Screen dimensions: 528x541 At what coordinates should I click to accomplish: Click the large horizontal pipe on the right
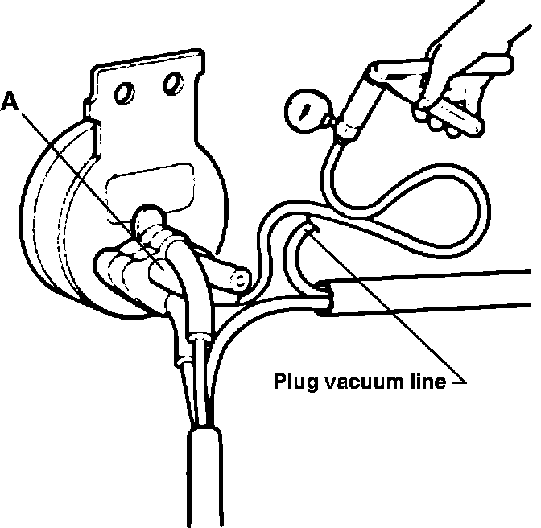[435, 291]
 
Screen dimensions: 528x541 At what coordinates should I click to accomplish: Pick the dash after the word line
[456, 381]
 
